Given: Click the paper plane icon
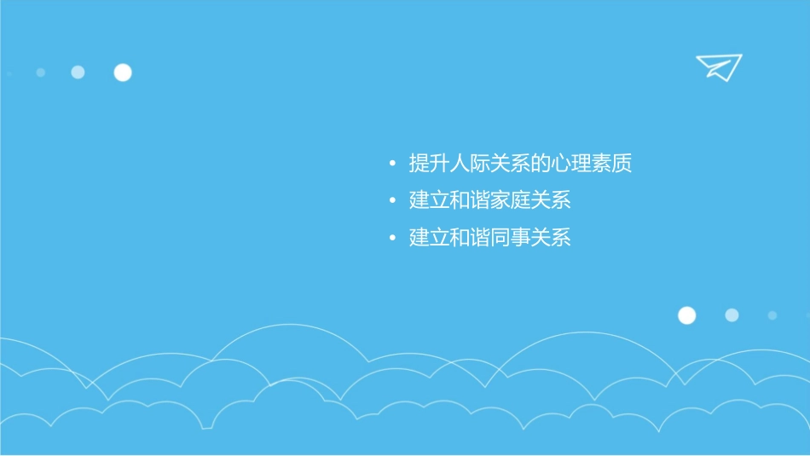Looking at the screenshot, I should [x=718, y=66].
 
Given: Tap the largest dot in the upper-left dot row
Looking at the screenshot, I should [x=123, y=72].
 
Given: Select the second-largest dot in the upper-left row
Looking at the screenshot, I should [x=78, y=72].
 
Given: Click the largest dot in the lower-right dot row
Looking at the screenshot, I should [x=686, y=315].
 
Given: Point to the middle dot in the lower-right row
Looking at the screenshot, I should [x=732, y=315].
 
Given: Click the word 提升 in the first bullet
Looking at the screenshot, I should [x=429, y=163].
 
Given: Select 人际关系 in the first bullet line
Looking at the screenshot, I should [x=489, y=163].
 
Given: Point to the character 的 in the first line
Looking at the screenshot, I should [x=541, y=163].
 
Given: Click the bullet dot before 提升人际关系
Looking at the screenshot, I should [x=391, y=163].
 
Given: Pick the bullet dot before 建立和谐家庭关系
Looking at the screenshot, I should [x=391, y=201].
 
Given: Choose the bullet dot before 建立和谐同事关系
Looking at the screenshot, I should [x=391, y=238].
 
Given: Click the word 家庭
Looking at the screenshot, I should [x=510, y=201].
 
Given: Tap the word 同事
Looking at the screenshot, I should [x=510, y=238].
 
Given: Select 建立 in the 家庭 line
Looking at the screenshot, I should [x=429, y=201].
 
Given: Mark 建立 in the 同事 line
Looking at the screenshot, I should [x=429, y=238].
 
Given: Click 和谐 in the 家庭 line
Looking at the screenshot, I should [x=470, y=201].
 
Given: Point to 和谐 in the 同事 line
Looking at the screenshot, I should [x=470, y=238].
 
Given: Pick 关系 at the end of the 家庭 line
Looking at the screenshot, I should [x=551, y=201].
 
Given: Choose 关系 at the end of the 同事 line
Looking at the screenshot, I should [x=551, y=238].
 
